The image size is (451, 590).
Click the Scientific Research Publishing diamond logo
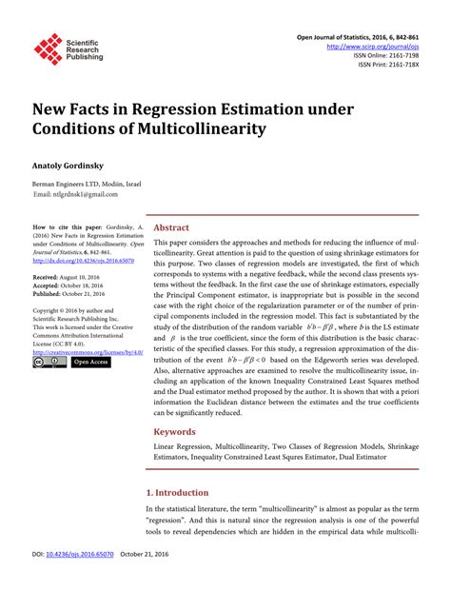click(47, 49)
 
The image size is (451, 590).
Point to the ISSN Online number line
click(385, 55)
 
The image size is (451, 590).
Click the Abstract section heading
click(171, 228)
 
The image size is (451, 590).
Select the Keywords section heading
click(176, 431)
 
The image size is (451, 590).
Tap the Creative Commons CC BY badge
click(49, 363)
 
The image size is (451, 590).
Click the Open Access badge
click(91, 363)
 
